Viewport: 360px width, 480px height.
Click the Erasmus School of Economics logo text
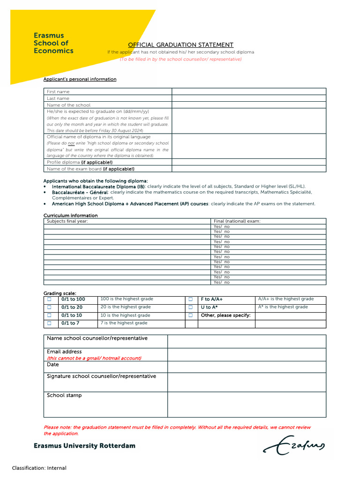point(53,43)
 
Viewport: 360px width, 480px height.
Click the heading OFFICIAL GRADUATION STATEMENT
point(181,45)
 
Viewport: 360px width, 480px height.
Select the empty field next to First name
point(248,91)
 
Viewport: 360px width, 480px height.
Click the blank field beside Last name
point(248,98)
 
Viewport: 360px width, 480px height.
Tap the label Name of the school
point(68,105)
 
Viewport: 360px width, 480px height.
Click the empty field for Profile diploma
point(248,162)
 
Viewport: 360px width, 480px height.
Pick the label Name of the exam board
point(90,169)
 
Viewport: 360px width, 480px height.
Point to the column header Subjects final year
point(67,221)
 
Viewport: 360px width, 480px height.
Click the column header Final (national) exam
point(237,221)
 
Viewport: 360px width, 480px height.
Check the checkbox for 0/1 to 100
point(49,299)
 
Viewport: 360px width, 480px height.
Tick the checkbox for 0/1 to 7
point(49,323)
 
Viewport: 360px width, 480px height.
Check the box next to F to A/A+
point(191,299)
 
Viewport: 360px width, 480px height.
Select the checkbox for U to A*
point(191,307)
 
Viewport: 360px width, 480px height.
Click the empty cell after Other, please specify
point(290,315)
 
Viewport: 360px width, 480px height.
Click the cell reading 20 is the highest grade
point(125,307)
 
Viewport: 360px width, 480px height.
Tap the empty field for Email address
point(247,354)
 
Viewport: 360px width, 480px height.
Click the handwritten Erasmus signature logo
point(293,444)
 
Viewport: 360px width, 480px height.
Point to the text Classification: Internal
point(39,468)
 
